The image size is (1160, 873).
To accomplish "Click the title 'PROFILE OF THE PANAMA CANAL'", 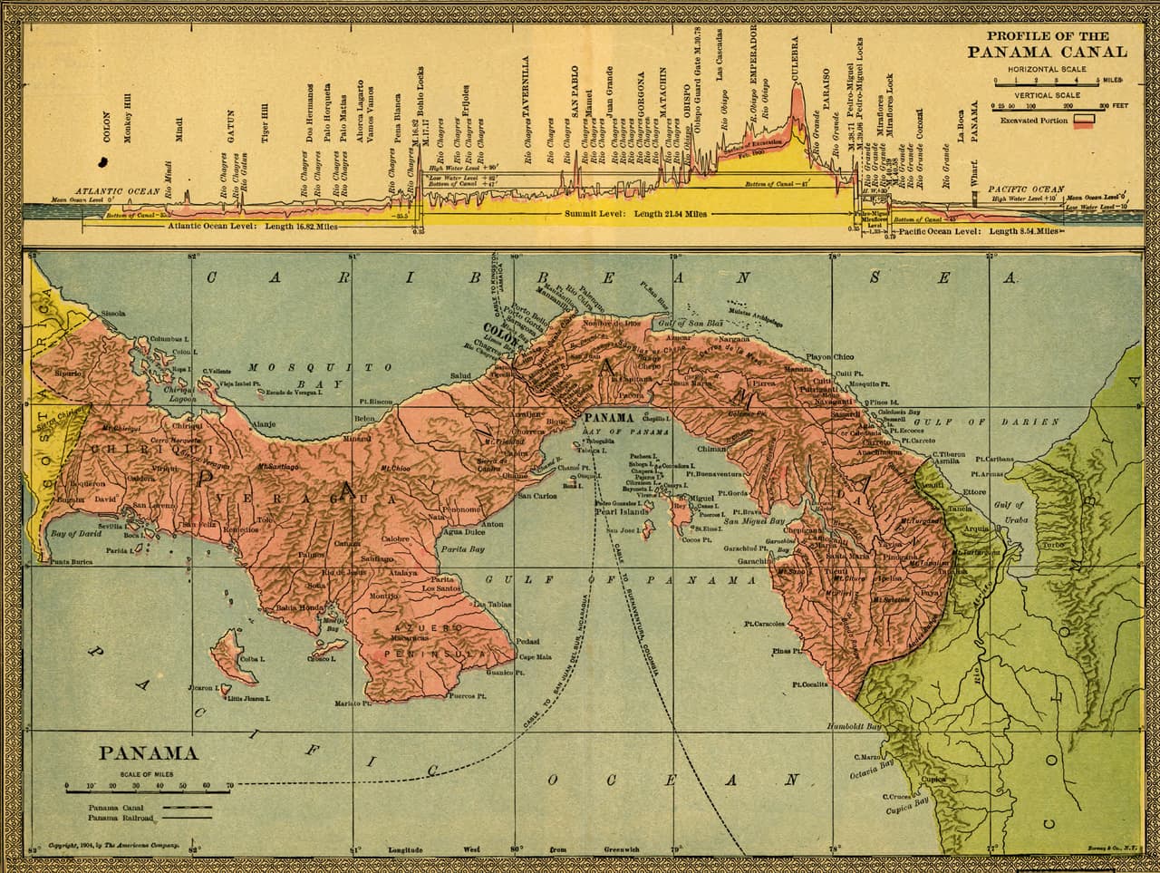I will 1048,44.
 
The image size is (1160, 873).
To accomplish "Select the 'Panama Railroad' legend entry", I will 121,818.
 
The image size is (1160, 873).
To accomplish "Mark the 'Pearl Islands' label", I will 622,511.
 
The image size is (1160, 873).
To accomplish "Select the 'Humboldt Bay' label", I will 854,727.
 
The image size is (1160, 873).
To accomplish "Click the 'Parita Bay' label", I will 462,549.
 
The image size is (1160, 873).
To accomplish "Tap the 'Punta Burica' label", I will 72,562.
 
